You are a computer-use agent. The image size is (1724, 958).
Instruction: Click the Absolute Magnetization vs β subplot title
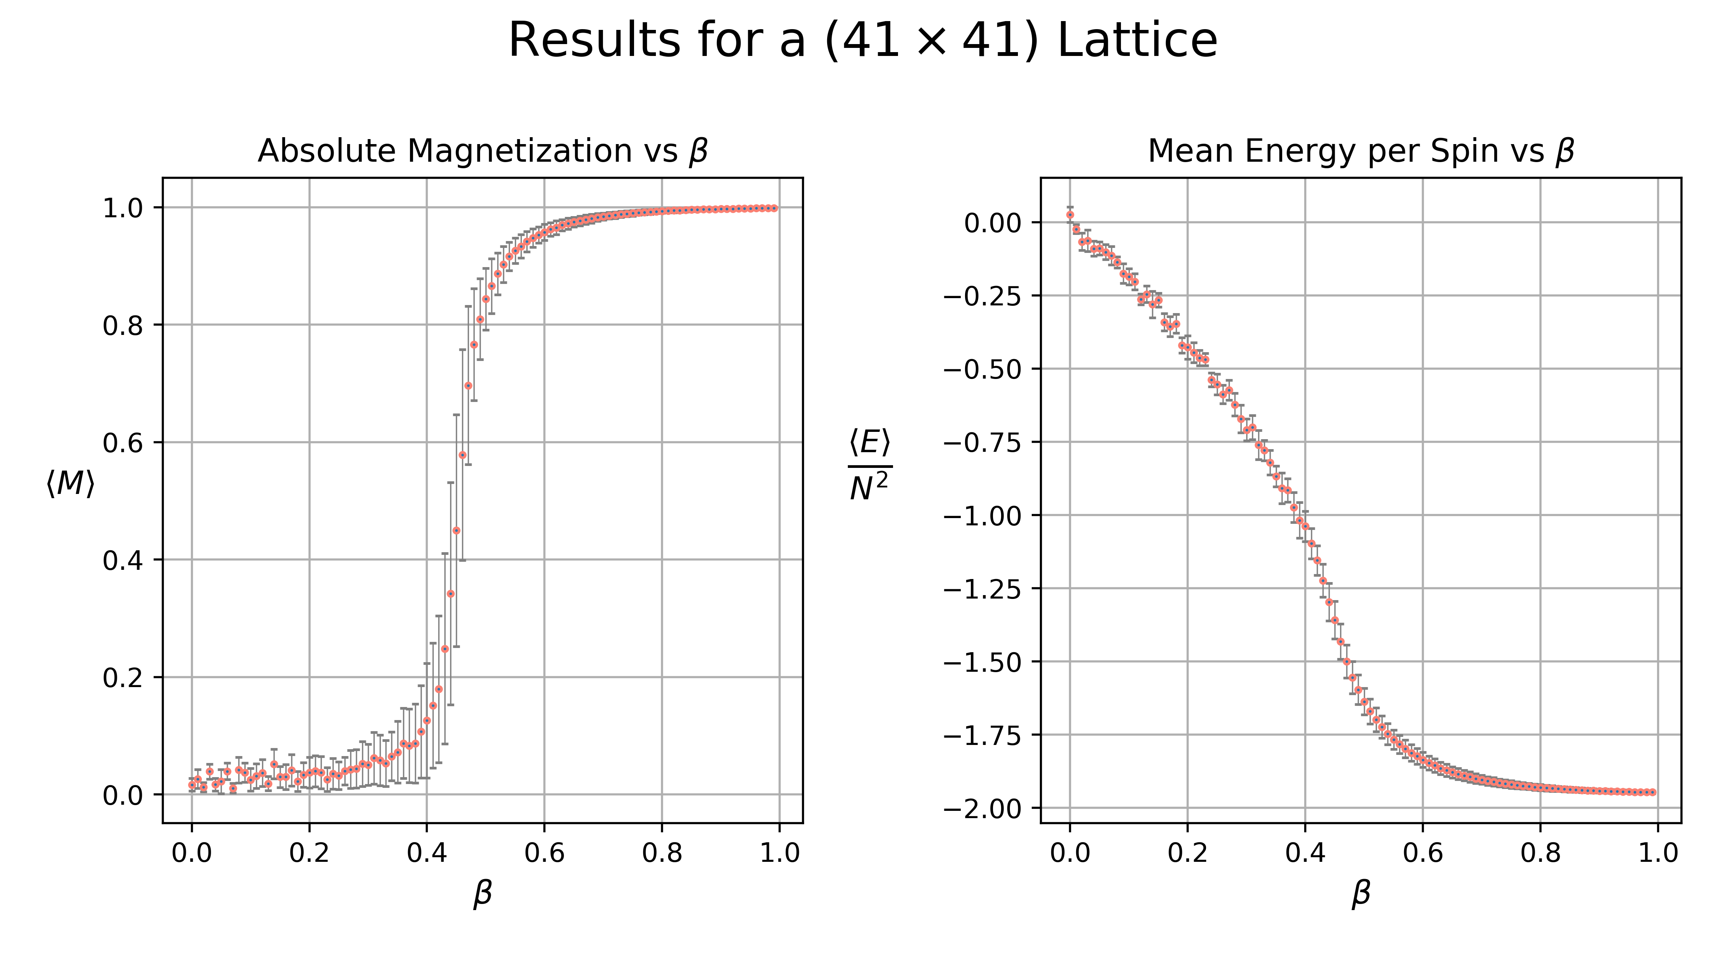tap(483, 151)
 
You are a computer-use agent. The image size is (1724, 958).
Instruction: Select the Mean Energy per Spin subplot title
tap(1360, 151)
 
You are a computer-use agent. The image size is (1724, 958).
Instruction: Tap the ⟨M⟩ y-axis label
tap(70, 483)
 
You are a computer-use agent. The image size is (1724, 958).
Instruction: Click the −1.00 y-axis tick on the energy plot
tap(983, 515)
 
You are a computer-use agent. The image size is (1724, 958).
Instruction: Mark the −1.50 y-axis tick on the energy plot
tap(983, 662)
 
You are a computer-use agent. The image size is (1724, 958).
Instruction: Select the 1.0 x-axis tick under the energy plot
tap(1658, 853)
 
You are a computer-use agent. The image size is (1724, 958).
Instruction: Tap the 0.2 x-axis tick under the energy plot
tap(1187, 853)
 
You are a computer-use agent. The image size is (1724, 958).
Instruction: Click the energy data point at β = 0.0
tap(1070, 215)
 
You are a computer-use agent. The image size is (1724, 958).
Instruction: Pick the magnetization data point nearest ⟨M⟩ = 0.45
tap(456, 530)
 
